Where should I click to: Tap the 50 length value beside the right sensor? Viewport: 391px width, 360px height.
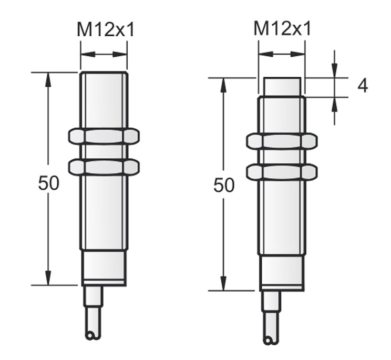point(224,185)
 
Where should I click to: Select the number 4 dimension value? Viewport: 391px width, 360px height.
point(363,86)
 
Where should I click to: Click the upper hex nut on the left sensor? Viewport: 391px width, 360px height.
point(104,136)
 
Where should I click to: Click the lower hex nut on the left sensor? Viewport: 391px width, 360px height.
point(104,167)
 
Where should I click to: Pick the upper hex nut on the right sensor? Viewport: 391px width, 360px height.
point(281,141)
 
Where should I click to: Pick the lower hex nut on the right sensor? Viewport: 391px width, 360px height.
point(281,172)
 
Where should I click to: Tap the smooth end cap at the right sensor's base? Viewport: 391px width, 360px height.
point(282,272)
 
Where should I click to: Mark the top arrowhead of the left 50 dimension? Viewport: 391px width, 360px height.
point(48,79)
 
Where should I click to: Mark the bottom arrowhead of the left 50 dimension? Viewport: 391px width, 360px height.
point(48,279)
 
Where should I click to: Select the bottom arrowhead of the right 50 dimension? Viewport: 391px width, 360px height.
point(224,283)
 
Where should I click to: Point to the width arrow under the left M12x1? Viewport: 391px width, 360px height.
point(104,54)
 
